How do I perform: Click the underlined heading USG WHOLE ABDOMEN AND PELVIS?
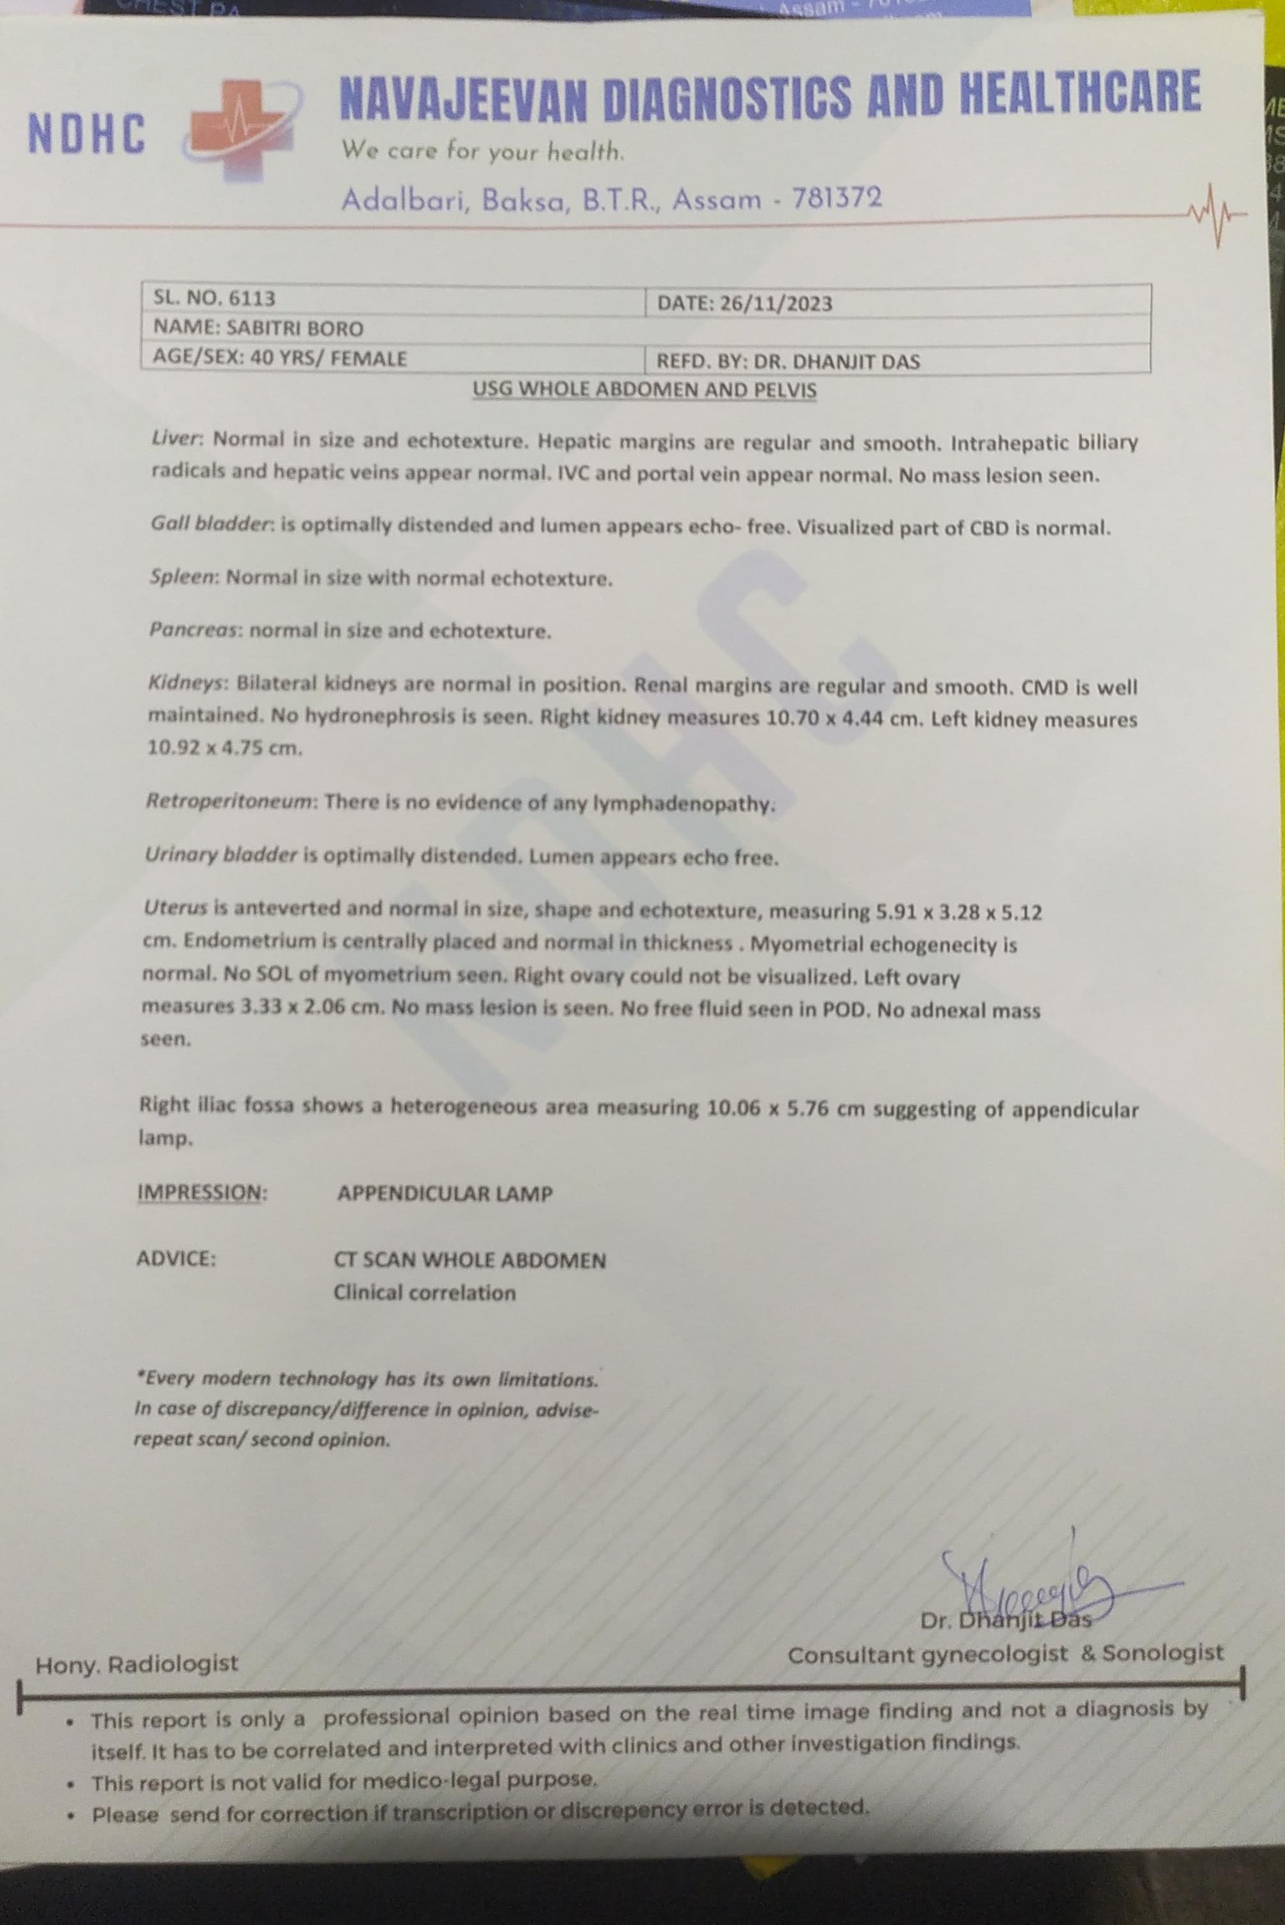point(644,390)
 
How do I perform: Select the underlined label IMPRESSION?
point(202,1193)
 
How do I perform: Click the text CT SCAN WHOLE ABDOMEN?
point(470,1260)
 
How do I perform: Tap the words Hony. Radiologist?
point(136,1664)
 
